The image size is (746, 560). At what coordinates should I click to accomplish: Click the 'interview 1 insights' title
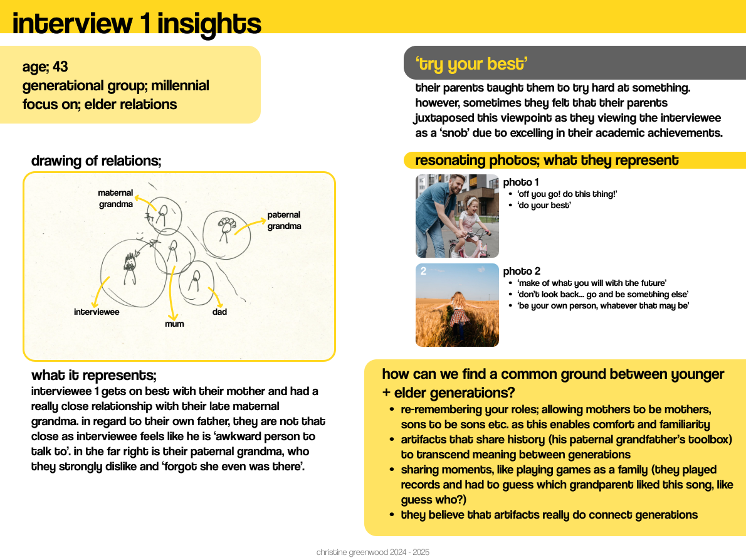pos(137,23)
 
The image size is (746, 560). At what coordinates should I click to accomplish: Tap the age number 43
pos(60,66)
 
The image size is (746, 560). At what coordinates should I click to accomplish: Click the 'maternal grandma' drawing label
pos(115,198)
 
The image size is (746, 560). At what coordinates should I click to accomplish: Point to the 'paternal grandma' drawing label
pos(284,220)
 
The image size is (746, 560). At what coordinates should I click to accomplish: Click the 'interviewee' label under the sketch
pos(97,312)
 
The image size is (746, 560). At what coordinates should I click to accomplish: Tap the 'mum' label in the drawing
pos(174,324)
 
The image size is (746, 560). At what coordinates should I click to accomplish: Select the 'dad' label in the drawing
pos(219,312)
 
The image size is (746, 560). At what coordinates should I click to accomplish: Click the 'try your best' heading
pos(471,64)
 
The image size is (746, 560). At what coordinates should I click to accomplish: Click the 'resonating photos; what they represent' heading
pos(547,161)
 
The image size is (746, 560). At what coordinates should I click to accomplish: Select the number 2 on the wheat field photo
pos(423,271)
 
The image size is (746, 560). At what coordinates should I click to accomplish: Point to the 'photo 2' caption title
pos(522,271)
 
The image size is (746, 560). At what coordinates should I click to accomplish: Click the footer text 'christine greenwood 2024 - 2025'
pos(373,552)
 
